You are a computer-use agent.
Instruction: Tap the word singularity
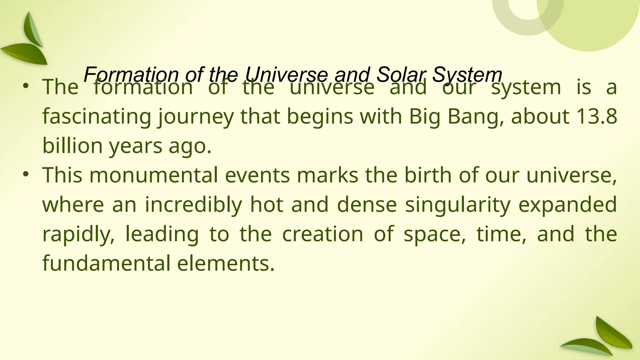coord(457,205)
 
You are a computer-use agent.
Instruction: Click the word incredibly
coord(193,205)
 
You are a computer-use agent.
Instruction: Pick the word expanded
coord(567,205)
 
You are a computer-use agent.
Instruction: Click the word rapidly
coord(78,234)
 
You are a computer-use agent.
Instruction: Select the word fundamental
coord(106,263)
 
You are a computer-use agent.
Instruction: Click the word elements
coord(226,263)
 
